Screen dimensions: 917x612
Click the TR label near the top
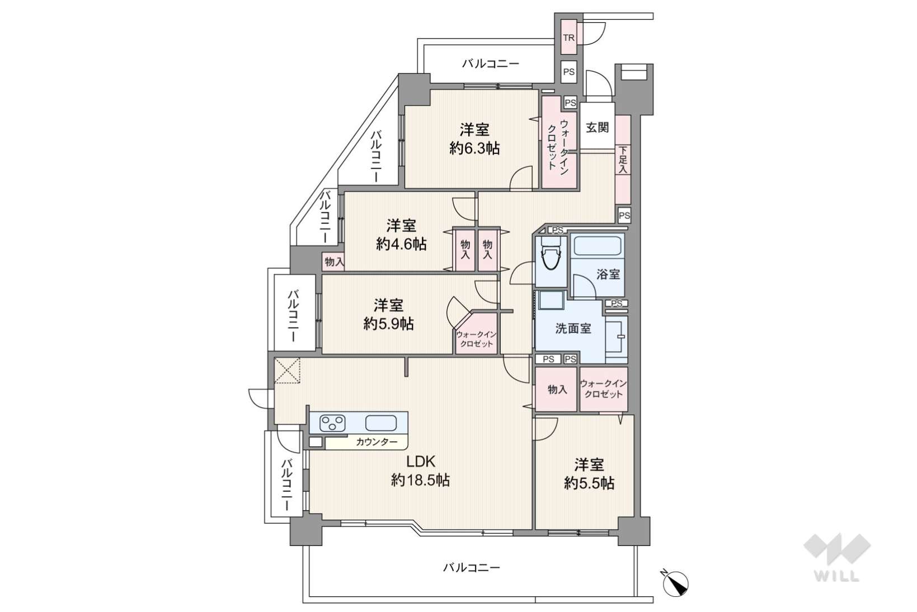pyautogui.click(x=568, y=38)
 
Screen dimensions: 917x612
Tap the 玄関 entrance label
pyautogui.click(x=598, y=128)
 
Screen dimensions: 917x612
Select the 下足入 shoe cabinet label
pyautogui.click(x=623, y=160)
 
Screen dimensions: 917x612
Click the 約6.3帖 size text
pyautogui.click(x=474, y=148)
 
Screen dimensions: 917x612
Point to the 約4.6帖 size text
pyautogui.click(x=401, y=244)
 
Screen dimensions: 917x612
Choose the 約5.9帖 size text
pyautogui.click(x=388, y=324)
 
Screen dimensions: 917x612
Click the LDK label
pyautogui.click(x=420, y=462)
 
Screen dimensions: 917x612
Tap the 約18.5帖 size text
pyautogui.click(x=420, y=480)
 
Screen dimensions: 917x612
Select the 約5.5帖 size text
pyautogui.click(x=589, y=483)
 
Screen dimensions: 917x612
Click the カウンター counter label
pyautogui.click(x=377, y=442)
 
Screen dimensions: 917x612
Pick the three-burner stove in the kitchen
pyautogui.click(x=332, y=423)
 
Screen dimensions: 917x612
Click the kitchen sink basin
pyautogui.click(x=380, y=423)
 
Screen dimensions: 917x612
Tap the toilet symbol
pyautogui.click(x=550, y=255)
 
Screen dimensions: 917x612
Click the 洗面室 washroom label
pyautogui.click(x=573, y=328)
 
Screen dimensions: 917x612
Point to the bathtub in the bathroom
pyautogui.click(x=598, y=246)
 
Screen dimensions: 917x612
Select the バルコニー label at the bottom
pyautogui.click(x=472, y=567)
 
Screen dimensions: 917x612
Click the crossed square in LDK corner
pyautogui.click(x=287, y=371)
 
